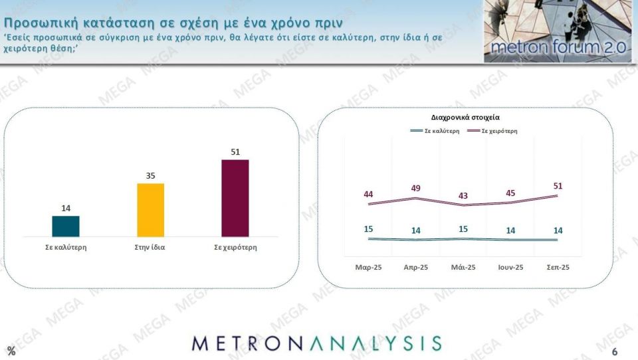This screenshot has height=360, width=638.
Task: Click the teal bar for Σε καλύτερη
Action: [66, 226]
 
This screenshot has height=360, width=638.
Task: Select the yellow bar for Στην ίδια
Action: [150, 210]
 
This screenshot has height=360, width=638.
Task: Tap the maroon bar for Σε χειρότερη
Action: [235, 198]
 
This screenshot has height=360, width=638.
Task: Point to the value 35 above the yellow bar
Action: [150, 176]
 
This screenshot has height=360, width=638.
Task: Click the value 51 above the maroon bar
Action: [235, 152]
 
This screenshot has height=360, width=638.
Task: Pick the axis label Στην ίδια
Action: [150, 247]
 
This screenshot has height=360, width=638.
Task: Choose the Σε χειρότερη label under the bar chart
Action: [235, 247]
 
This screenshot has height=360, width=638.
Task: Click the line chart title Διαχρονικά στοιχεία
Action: [465, 117]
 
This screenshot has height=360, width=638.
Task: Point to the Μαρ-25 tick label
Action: [368, 267]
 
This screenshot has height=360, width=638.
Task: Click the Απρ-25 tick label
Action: [416, 267]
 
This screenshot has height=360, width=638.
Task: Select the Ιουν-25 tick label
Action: [510, 267]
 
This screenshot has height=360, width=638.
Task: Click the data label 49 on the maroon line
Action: [416, 188]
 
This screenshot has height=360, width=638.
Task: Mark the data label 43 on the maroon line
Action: [463, 196]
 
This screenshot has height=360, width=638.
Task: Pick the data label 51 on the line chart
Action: [557, 185]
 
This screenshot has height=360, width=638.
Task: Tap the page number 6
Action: [615, 351]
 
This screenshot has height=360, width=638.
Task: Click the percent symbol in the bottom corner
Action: [11, 351]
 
